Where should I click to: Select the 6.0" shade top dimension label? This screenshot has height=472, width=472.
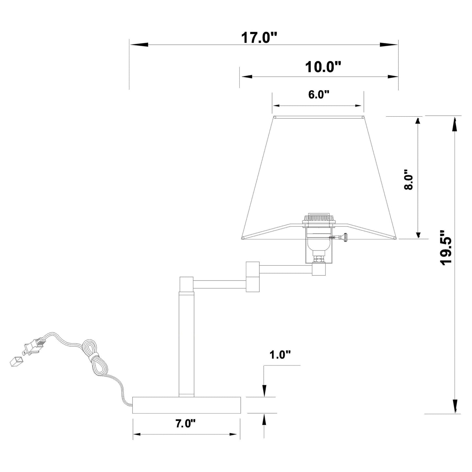pos(318,94)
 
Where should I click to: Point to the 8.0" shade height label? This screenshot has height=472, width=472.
pos(408,179)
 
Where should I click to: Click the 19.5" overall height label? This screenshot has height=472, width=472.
pos(445,248)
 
